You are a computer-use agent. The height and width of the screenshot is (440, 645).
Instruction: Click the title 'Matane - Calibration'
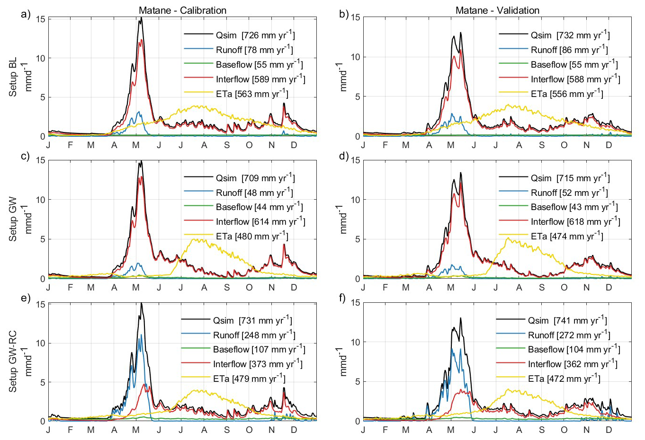(x=182, y=10)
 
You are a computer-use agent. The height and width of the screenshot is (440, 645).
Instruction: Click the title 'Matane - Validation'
(x=497, y=10)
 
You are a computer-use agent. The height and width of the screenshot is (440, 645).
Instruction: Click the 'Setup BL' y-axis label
(x=13, y=77)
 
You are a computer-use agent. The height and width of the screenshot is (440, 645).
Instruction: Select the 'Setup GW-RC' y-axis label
(x=13, y=361)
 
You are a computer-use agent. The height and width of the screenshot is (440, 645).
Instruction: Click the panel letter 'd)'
(x=344, y=156)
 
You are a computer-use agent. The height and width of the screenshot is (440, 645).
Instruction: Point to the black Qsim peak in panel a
(x=141, y=19)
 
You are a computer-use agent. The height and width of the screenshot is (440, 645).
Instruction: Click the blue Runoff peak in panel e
(x=141, y=335)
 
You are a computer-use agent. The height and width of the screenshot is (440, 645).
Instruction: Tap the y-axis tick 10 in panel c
(x=41, y=200)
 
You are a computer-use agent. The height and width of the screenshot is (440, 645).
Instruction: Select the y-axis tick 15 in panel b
(x=356, y=18)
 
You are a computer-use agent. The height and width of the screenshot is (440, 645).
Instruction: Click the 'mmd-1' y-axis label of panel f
(x=344, y=361)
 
